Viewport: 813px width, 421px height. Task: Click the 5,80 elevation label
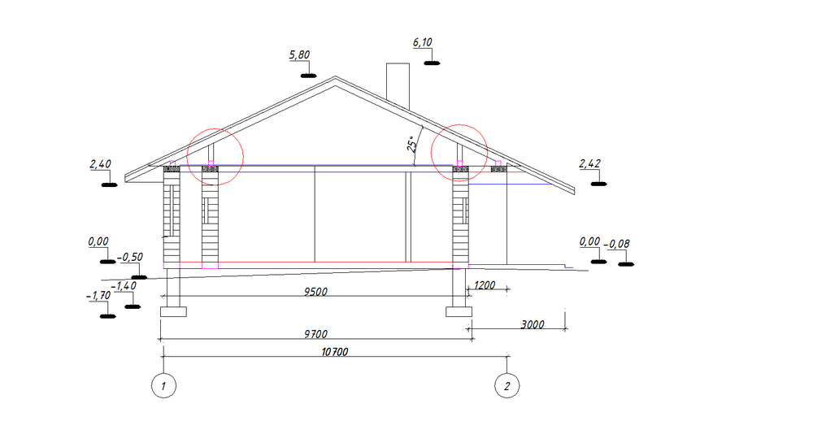pyautogui.click(x=300, y=55)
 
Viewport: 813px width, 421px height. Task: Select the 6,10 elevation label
pyautogui.click(x=423, y=42)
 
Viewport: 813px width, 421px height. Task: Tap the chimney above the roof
pyautogui.click(x=398, y=86)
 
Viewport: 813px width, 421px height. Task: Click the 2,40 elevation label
pyautogui.click(x=101, y=164)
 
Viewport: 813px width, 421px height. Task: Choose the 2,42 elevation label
pyautogui.click(x=590, y=164)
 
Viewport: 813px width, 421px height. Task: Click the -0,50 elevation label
pyautogui.click(x=130, y=258)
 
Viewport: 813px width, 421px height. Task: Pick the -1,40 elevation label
pyautogui.click(x=124, y=286)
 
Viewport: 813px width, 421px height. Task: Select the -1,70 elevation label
pyautogui.click(x=98, y=296)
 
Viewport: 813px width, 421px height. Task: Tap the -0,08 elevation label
pyautogui.click(x=617, y=244)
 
